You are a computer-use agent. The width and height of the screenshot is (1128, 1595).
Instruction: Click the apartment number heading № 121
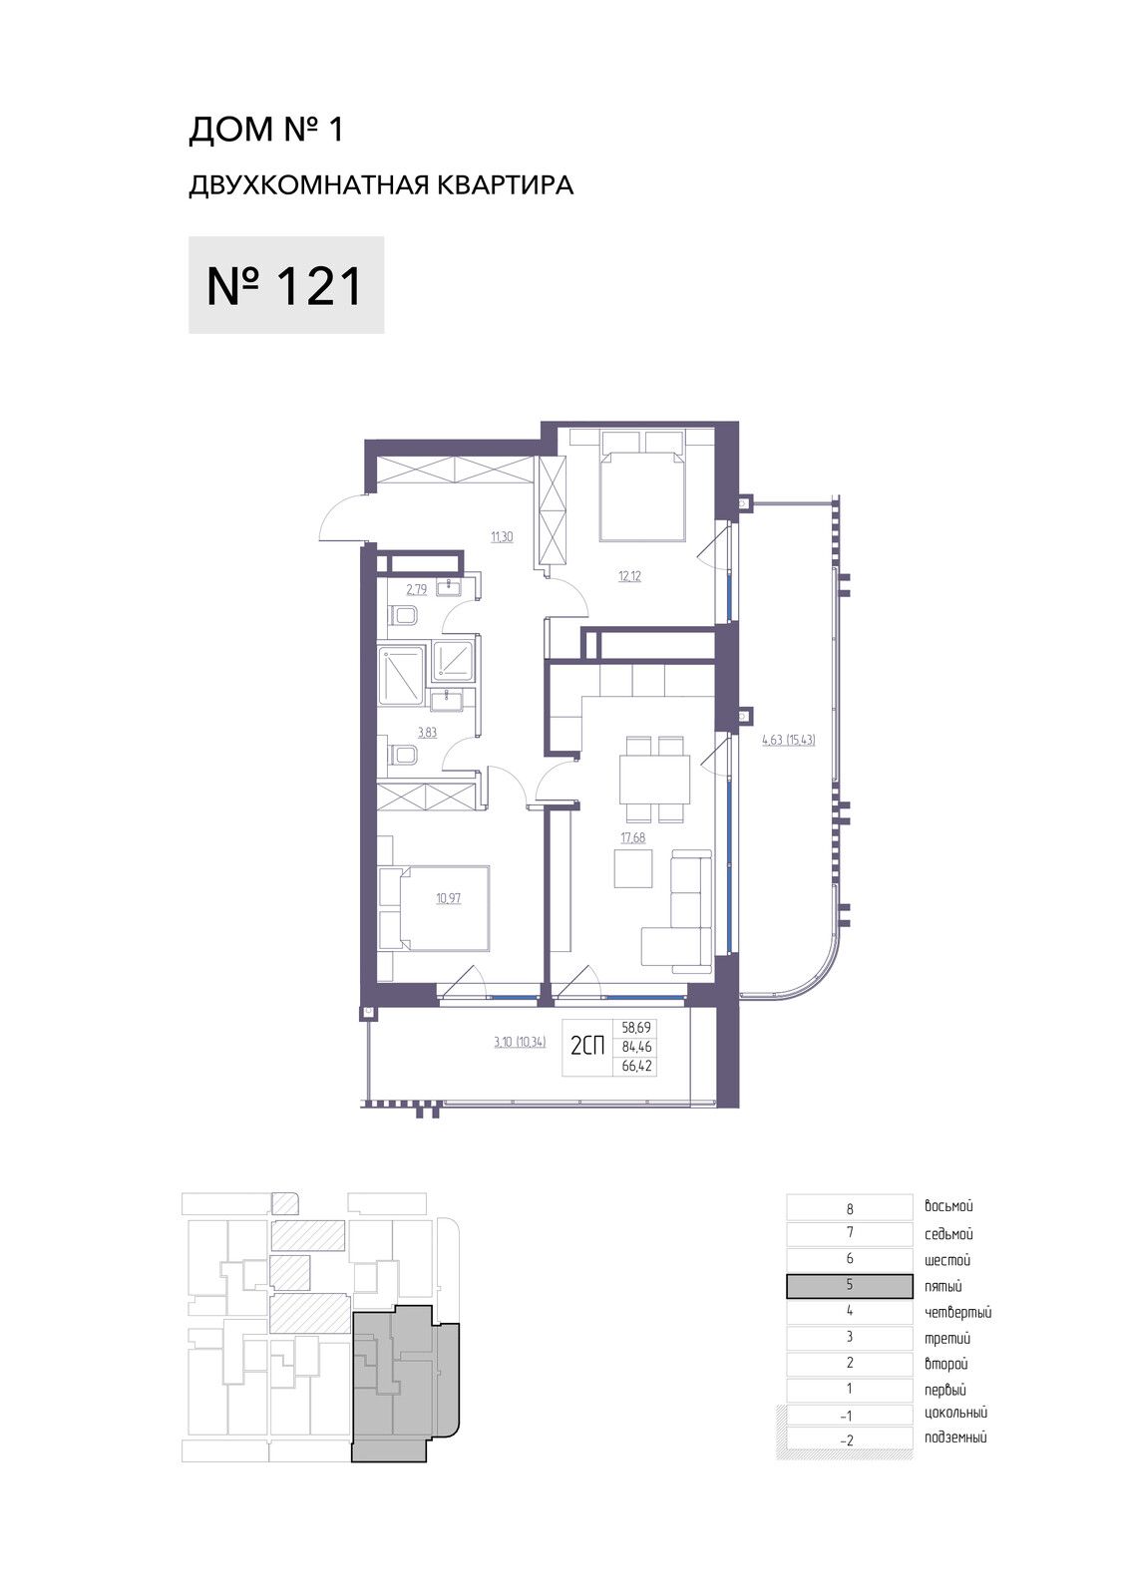(285, 285)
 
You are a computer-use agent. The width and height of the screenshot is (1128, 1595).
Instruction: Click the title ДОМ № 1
(265, 130)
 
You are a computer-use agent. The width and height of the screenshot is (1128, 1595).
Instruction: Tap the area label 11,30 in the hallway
(502, 537)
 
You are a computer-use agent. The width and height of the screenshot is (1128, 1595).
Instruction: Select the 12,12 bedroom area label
(629, 576)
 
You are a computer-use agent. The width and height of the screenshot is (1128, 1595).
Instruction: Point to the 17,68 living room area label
(632, 837)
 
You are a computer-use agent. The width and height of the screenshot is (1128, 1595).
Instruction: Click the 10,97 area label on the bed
(448, 898)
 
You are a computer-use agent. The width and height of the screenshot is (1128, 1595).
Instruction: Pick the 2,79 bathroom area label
(416, 589)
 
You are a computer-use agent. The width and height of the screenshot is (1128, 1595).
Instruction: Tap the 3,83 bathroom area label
(427, 732)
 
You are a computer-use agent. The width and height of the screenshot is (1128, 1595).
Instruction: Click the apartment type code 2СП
(587, 1046)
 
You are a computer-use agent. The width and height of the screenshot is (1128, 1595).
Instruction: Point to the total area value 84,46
(636, 1047)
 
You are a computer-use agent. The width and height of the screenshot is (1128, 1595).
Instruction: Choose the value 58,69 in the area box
(636, 1028)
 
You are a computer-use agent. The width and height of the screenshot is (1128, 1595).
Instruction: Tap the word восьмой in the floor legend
(948, 1206)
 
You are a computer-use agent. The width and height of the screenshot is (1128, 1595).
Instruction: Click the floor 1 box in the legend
(850, 1389)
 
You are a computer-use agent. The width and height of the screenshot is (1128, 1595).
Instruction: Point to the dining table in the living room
(655, 779)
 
